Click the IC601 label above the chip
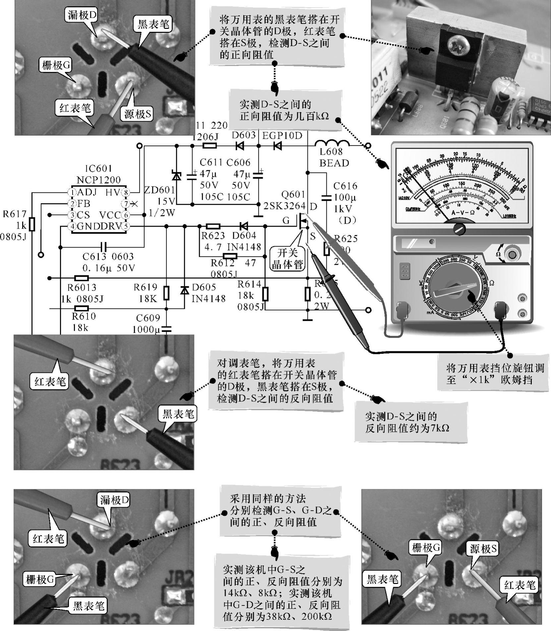[x=99, y=169]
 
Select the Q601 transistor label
[x=293, y=195]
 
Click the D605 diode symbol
[x=185, y=291]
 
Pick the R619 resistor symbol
[x=166, y=293]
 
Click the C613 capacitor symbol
[x=104, y=247]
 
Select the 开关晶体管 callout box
[x=287, y=258]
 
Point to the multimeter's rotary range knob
[x=458, y=291]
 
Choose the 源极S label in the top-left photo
[x=138, y=114]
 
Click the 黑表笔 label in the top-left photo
[x=153, y=24]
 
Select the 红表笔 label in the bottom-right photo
[x=520, y=585]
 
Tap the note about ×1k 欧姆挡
[x=495, y=373]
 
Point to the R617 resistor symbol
[x=32, y=224]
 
